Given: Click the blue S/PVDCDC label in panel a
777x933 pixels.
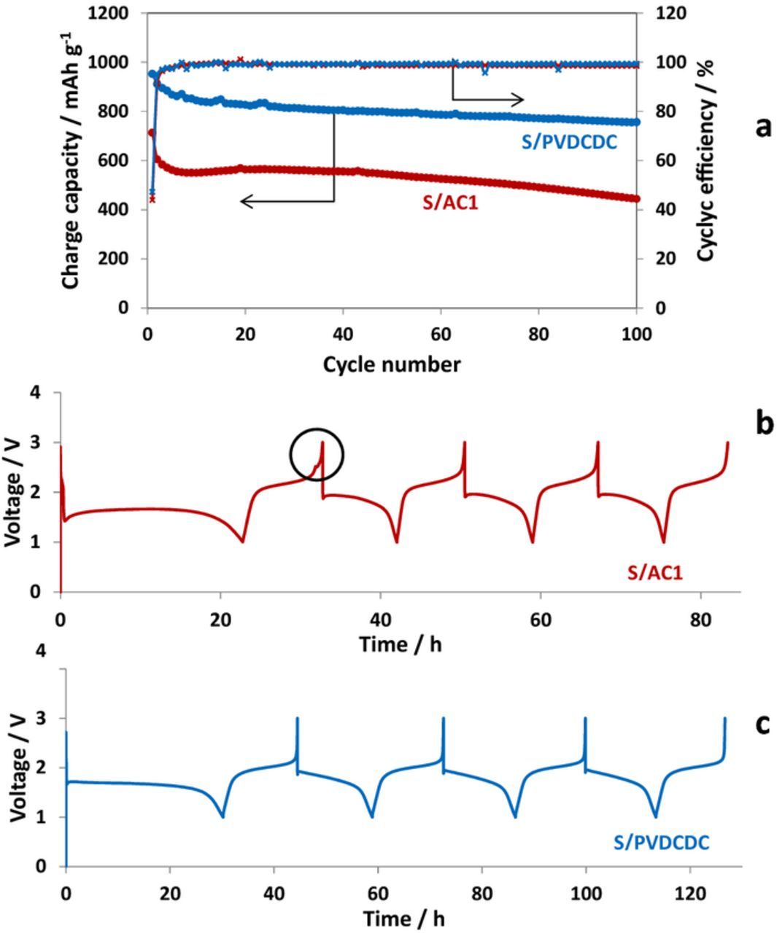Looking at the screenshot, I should (569, 142).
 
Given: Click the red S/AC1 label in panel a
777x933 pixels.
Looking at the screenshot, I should (450, 203).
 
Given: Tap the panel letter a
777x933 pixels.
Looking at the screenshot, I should (762, 127).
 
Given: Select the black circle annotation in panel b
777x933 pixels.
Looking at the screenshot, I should (317, 455).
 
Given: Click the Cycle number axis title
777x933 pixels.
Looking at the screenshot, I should (392, 364).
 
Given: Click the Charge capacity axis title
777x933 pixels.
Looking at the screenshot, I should (71, 160).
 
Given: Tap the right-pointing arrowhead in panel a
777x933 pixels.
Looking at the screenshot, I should (519, 100).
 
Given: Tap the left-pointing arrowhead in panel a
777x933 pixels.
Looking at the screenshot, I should (246, 201).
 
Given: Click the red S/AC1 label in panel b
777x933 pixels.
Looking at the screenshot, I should (655, 573).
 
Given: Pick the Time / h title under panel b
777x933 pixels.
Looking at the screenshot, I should (400, 644).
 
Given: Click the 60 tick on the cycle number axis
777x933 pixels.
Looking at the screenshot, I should (441, 334).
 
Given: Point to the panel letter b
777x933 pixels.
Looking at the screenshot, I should (763, 422).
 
